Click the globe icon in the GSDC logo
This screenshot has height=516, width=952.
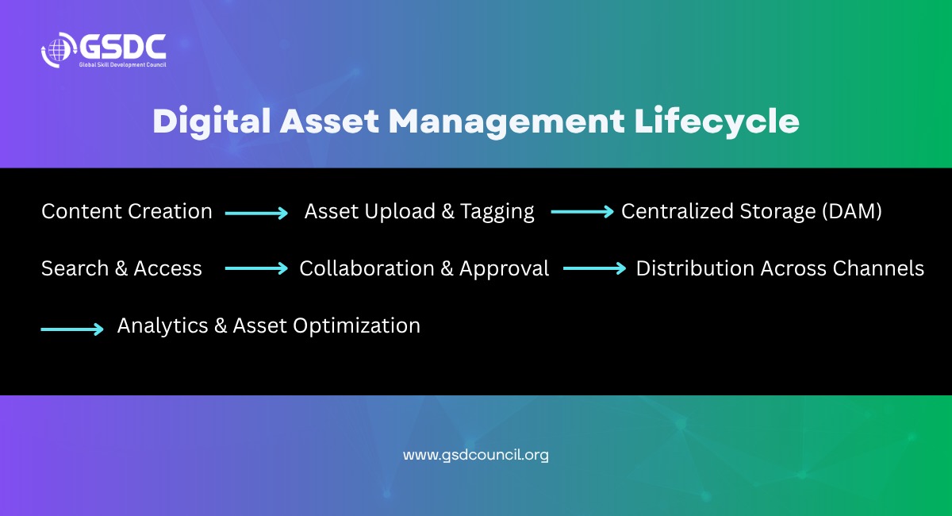click(x=58, y=50)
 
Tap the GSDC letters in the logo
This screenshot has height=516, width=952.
click(x=123, y=46)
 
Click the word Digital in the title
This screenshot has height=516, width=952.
click(x=212, y=122)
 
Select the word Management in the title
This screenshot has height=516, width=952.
click(x=507, y=122)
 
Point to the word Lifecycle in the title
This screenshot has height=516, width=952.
click(x=717, y=122)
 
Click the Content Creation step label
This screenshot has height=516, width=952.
click(x=127, y=211)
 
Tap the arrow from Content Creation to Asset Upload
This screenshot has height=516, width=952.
click(x=256, y=213)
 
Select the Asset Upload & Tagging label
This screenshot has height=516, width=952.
click(x=420, y=212)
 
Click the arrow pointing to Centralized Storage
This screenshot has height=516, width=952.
click(x=582, y=212)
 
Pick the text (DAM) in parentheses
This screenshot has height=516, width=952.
click(x=852, y=211)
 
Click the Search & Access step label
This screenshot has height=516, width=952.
click(x=121, y=269)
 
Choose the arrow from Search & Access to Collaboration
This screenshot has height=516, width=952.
click(x=256, y=268)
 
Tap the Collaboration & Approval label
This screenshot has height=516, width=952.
click(x=424, y=269)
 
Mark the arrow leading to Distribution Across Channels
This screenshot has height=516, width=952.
click(x=594, y=268)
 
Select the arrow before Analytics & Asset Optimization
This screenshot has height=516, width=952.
click(x=72, y=329)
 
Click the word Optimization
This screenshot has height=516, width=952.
click(x=356, y=326)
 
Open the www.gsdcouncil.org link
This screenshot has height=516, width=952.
click(x=475, y=455)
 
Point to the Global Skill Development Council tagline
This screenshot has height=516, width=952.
click(x=122, y=64)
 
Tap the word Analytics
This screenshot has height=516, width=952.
click(x=163, y=326)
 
